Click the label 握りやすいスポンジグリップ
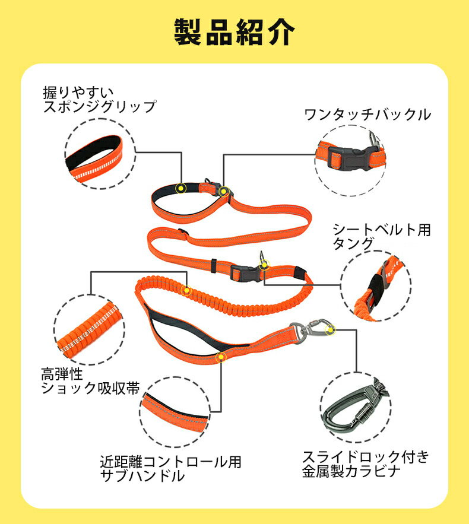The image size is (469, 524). (x=100, y=100)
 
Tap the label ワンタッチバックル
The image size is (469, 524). (x=367, y=115)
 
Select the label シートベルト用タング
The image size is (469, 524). (x=381, y=237)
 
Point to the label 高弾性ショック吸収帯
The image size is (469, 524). (x=90, y=381)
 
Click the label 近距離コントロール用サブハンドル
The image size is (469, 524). (x=170, y=469)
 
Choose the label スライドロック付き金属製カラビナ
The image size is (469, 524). (x=365, y=464)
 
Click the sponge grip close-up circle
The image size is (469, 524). (x=100, y=154)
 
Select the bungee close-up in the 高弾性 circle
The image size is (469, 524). (x=89, y=329)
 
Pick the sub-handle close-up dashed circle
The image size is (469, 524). (x=175, y=412)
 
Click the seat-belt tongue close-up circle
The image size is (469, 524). (x=376, y=286)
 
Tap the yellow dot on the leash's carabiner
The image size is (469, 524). (x=330, y=330)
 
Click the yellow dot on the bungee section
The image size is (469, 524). (x=186, y=290)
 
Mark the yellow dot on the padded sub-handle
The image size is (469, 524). (x=221, y=357)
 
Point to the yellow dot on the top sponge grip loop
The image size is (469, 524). (x=181, y=188)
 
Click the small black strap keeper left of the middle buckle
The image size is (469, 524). (x=214, y=265)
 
